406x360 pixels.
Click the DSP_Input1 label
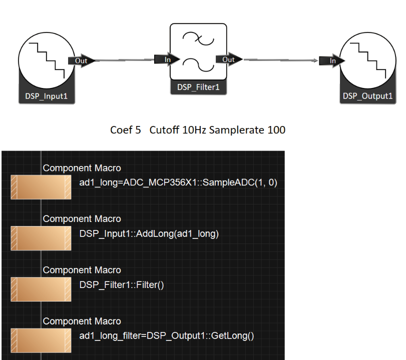tap(46, 95)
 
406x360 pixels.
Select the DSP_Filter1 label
tap(198, 87)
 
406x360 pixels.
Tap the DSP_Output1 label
tap(367, 95)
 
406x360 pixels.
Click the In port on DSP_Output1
tap(333, 61)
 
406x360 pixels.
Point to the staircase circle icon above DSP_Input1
tap(46, 60)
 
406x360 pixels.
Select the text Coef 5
tap(122, 130)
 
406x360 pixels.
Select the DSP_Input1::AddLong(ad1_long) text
tap(149, 233)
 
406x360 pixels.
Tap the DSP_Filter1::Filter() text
tap(122, 284)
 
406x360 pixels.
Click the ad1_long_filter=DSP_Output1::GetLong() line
tap(166, 335)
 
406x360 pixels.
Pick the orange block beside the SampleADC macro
tap(41, 187)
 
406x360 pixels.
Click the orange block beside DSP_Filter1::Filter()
tap(41, 289)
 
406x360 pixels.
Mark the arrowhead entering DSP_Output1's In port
tap(316, 61)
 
